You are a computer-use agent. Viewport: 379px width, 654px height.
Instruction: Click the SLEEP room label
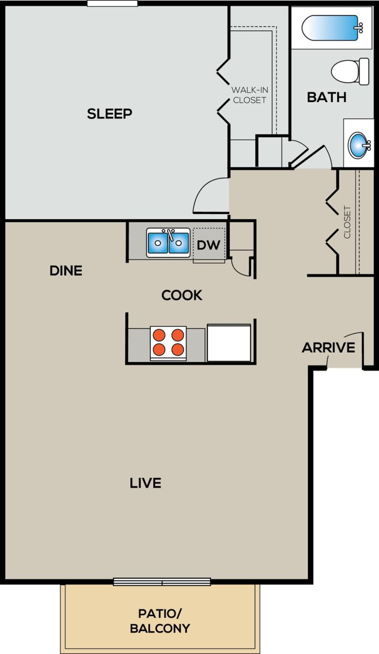click(x=109, y=113)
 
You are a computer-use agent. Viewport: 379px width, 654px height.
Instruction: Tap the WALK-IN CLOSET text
click(x=249, y=95)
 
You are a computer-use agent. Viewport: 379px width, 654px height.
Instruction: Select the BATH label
click(x=326, y=97)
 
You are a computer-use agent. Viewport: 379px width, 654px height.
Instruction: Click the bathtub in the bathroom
click(x=331, y=28)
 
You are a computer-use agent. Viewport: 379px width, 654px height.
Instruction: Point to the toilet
click(x=350, y=72)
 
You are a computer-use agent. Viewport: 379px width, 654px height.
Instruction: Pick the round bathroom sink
click(x=359, y=145)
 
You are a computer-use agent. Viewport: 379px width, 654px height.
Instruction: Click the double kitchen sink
click(x=168, y=243)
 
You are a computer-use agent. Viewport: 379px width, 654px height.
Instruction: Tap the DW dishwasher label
click(x=208, y=245)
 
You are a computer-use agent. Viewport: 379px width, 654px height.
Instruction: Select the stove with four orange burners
click(x=168, y=342)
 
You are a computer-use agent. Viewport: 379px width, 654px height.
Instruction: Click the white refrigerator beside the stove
click(x=229, y=343)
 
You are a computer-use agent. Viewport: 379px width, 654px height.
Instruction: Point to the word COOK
click(x=182, y=295)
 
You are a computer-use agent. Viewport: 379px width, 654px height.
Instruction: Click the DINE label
click(x=66, y=271)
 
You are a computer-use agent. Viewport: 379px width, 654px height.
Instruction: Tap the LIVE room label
click(x=146, y=483)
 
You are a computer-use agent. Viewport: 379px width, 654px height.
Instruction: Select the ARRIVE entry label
click(x=328, y=348)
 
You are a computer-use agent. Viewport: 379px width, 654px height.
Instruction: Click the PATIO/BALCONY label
click(x=160, y=621)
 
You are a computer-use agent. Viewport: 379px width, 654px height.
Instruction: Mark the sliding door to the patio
click(x=162, y=581)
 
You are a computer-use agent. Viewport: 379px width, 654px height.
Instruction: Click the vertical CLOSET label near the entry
click(x=347, y=222)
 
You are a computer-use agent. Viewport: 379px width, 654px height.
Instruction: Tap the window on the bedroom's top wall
click(x=112, y=4)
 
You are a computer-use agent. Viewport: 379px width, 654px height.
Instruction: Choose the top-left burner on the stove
click(x=159, y=335)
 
